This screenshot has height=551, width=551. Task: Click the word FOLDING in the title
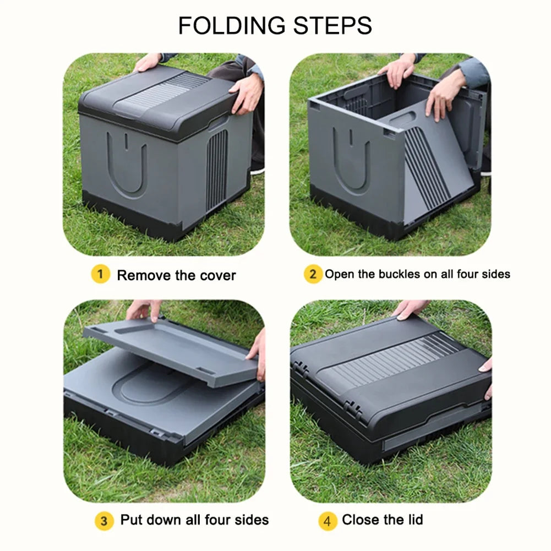click(232, 25)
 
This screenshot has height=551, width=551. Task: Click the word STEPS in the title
click(332, 25)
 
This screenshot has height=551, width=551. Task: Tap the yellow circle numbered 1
click(101, 274)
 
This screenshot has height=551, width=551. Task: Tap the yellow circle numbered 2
click(313, 274)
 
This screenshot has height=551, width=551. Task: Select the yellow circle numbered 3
click(104, 520)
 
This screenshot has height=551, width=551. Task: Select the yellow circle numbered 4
click(328, 520)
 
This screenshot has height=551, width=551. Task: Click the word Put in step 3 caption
click(132, 520)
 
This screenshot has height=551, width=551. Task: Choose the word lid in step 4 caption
click(415, 520)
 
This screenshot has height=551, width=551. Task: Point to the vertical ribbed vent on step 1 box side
click(216, 171)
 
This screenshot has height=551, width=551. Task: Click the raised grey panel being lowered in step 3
click(170, 351)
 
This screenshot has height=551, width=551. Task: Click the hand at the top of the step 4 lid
click(411, 309)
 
